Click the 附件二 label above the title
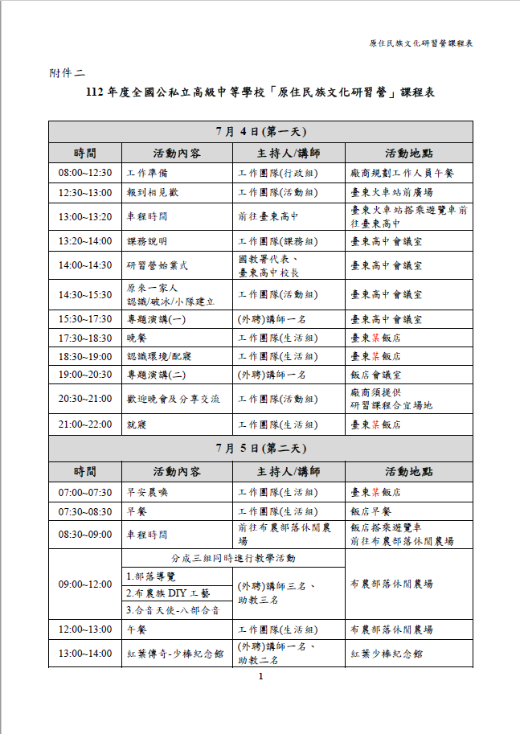67,73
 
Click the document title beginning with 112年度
260,93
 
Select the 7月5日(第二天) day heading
260,448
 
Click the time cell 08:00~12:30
84,173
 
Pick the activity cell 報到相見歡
154,193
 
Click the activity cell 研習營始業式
158,265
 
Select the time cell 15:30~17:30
84,319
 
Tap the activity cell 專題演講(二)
158,374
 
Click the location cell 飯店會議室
380,374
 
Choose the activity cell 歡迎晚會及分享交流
173,399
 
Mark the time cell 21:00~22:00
84,424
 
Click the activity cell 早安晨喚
148,492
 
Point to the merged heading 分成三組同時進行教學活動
233,558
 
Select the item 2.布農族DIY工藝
169,593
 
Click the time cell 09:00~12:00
84,584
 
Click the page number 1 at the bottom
260,677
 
